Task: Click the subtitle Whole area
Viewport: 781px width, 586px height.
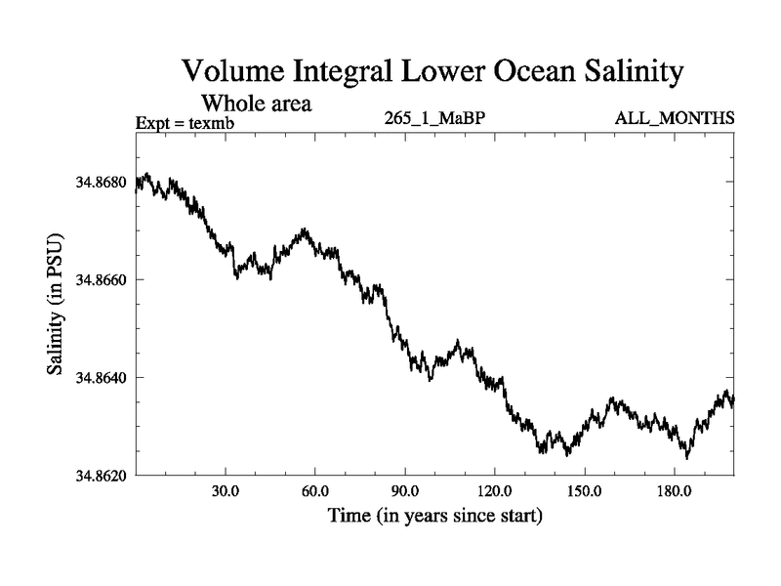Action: (x=256, y=103)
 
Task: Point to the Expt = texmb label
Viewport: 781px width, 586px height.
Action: (x=185, y=122)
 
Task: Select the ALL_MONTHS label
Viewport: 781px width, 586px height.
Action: (x=674, y=119)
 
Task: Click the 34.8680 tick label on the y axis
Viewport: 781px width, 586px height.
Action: (x=100, y=182)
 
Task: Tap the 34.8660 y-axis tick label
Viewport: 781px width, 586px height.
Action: (x=100, y=279)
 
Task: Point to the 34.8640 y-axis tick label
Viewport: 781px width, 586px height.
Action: (x=100, y=377)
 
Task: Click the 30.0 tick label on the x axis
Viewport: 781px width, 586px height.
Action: (x=226, y=491)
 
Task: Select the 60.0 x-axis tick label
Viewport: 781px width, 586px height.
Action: (x=315, y=491)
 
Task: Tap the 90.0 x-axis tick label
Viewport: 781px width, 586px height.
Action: (x=404, y=491)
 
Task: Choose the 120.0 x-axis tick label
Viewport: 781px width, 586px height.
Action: (x=494, y=491)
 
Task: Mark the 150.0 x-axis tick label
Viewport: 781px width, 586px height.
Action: (x=584, y=491)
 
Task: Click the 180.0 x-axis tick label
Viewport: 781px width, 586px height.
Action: (x=673, y=491)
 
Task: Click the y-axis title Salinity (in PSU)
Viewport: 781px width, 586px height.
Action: (x=56, y=305)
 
